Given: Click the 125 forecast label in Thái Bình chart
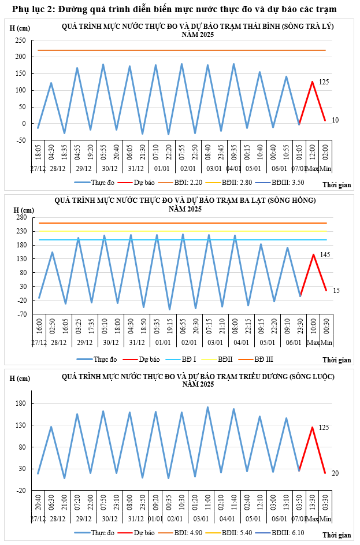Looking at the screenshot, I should (x=324, y=82).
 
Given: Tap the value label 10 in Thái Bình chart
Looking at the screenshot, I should (x=335, y=120).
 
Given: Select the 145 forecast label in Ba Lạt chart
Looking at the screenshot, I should (x=325, y=255).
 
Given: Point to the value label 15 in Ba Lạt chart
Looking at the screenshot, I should (x=336, y=290).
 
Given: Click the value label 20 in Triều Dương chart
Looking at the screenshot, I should (x=335, y=473).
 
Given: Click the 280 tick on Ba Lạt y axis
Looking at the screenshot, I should (x=21, y=217).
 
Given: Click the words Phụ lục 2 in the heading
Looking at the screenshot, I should (x=31, y=9).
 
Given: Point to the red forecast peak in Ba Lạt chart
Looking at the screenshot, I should (x=314, y=254).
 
